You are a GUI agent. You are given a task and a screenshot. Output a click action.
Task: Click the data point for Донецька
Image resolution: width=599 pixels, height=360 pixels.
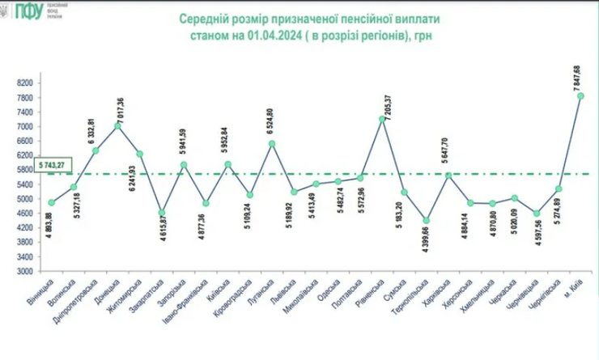(x=117, y=125)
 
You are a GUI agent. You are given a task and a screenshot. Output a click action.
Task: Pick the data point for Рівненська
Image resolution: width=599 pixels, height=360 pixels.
(x=381, y=119)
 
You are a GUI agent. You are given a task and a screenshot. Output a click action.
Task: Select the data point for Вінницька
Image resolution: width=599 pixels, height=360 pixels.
(x=51, y=202)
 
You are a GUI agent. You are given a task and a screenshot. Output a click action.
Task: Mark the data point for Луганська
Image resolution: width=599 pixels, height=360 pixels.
(x=271, y=144)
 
